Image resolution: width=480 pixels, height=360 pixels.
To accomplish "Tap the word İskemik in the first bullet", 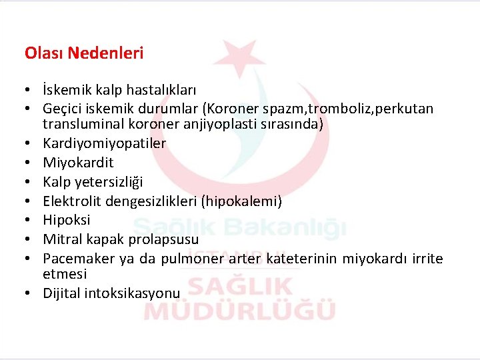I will coord(66,89).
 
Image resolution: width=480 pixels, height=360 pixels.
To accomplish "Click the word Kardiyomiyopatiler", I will coord(105,143).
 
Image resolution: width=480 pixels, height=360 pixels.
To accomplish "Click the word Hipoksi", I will coord(67,219).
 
